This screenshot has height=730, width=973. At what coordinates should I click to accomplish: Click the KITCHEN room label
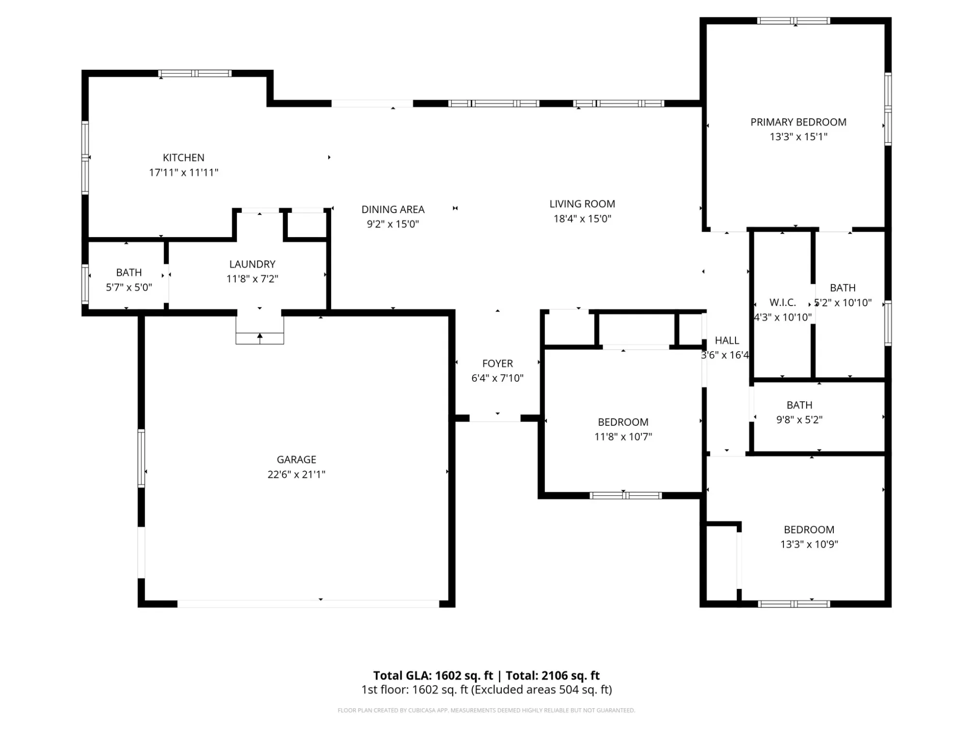point(183,158)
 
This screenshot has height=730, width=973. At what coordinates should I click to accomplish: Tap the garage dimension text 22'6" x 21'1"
point(296,474)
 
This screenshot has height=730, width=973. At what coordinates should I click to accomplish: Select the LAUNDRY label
point(252,264)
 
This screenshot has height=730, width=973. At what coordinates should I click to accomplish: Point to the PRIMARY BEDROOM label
point(798,122)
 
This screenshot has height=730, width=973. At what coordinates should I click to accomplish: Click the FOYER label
point(497,363)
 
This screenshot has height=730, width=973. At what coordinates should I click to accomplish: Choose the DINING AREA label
point(393,210)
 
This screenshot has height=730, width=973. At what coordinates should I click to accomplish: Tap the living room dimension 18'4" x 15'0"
point(582,219)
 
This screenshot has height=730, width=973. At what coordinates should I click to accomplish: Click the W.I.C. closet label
point(782,303)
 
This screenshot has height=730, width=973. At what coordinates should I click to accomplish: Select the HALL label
point(727,341)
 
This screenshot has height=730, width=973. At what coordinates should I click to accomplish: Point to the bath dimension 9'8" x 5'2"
point(799,420)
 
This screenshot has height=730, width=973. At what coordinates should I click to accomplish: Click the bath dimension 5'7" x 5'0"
point(129,287)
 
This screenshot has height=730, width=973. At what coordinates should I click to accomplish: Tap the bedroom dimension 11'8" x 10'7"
point(623,437)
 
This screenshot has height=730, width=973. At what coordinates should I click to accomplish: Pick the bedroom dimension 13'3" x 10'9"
point(809,544)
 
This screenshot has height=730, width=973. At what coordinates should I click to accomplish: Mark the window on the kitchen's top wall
point(195,74)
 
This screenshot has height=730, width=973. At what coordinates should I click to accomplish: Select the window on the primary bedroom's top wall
point(794,21)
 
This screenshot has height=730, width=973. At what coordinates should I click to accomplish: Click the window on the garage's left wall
point(142,458)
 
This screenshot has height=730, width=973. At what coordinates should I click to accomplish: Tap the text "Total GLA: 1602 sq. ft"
point(433,676)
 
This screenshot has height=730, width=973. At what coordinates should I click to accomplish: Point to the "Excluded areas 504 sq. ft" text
point(542,690)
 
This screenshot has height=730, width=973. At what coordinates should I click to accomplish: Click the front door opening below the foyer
point(495,418)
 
